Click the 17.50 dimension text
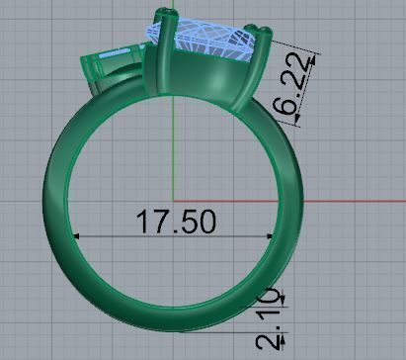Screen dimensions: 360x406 pyautogui.click(x=173, y=222)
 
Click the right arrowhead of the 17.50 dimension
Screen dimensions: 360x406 pyautogui.click(x=270, y=236)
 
